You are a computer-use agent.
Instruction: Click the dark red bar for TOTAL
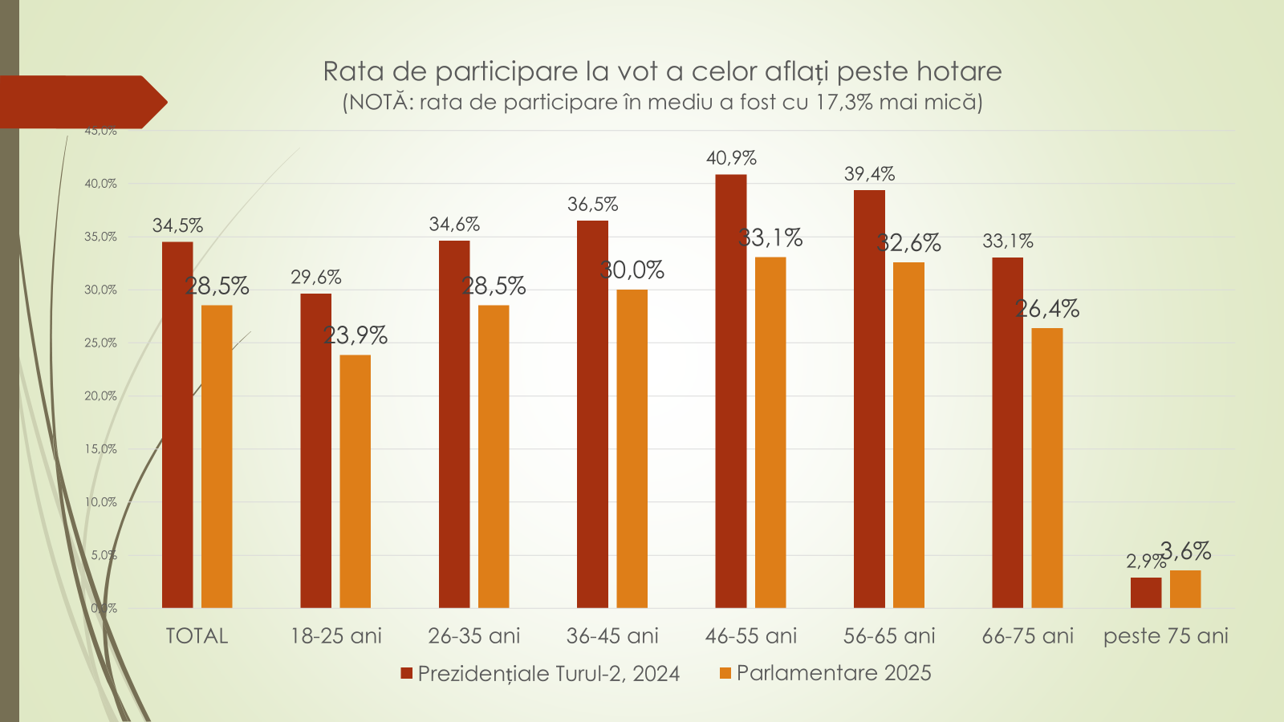point(177,425)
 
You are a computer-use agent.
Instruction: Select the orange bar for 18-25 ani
point(356,481)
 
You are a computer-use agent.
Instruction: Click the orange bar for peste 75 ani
point(1185,589)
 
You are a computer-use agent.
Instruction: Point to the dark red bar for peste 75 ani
point(1145,593)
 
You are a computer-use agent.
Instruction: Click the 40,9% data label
point(731,158)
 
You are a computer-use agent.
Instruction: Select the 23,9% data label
point(356,335)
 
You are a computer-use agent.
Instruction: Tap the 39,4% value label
point(869,174)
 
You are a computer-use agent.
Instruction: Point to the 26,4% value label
point(1047,309)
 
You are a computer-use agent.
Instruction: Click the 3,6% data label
point(1186,551)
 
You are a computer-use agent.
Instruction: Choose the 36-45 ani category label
point(612,636)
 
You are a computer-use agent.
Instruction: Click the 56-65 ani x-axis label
point(889,636)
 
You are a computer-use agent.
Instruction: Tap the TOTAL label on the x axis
point(197,636)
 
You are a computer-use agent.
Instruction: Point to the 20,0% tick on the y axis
point(100,395)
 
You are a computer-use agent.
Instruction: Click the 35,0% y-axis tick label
point(100,237)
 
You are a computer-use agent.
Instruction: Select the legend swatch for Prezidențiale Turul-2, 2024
point(407,673)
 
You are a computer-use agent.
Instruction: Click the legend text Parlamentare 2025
point(834,673)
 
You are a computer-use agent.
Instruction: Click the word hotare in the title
point(959,71)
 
